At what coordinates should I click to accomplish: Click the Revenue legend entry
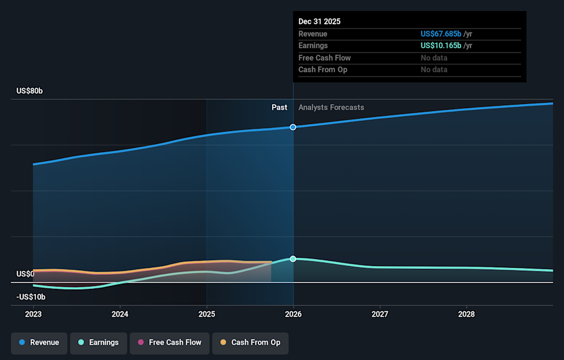[38, 342]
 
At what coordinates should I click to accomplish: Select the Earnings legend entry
[98, 342]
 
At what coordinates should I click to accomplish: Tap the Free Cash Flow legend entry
[170, 342]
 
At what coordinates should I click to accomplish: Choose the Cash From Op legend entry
[250, 342]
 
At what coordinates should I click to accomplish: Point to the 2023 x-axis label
[33, 314]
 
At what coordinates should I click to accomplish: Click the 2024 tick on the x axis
[120, 314]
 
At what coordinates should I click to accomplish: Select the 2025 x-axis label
[207, 314]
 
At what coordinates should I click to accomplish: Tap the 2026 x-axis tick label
[293, 314]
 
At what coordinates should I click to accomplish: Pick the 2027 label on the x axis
[380, 314]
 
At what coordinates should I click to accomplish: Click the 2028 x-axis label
[466, 314]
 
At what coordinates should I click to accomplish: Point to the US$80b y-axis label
[29, 91]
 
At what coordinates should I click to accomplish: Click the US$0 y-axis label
[25, 274]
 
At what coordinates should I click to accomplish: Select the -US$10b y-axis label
[31, 297]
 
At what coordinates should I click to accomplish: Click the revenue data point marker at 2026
[293, 127]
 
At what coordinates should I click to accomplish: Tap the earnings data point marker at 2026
[293, 259]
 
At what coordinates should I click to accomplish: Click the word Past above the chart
[279, 107]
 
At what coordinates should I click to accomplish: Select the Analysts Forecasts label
[331, 107]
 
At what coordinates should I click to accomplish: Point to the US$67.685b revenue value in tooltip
[441, 34]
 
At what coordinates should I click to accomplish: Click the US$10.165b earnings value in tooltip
[441, 46]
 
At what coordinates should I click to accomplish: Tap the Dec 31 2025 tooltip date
[320, 22]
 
